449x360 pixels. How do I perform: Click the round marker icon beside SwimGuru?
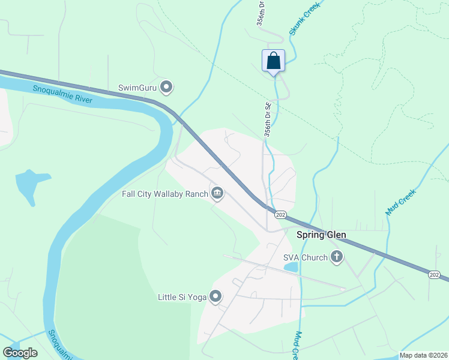(x=167, y=88)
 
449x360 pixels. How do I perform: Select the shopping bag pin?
(x=273, y=61)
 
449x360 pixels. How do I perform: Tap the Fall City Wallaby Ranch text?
(x=164, y=193)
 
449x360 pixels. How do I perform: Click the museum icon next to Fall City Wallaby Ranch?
(x=217, y=193)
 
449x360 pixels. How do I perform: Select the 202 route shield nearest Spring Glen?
(x=280, y=215)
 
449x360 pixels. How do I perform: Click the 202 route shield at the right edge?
(x=434, y=274)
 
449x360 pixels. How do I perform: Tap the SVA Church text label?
(x=306, y=258)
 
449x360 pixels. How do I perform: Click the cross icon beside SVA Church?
(x=337, y=257)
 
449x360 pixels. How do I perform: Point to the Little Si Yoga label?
(x=181, y=296)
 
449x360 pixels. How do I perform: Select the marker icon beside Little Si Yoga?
(x=215, y=296)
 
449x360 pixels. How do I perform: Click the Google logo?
(x=20, y=353)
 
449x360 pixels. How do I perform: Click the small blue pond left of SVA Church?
(x=291, y=266)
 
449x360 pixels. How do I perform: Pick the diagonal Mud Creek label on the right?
(x=400, y=202)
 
